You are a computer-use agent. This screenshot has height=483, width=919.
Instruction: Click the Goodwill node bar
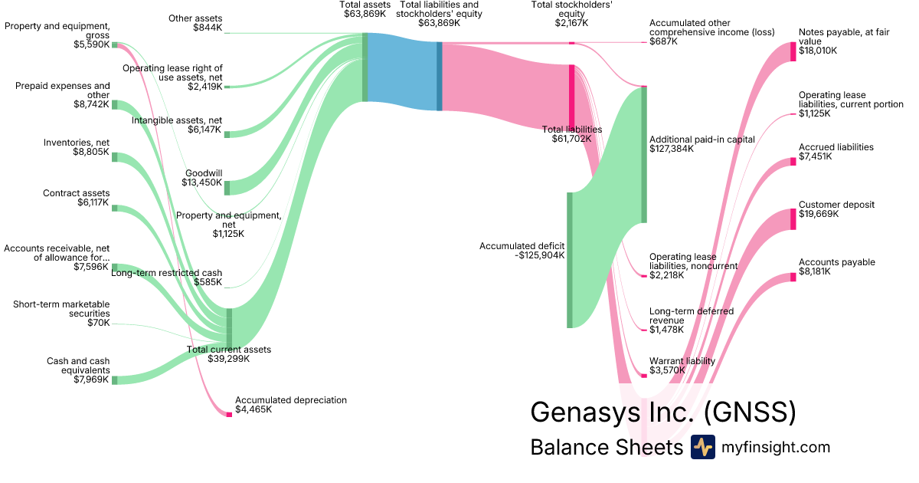pos(227,188)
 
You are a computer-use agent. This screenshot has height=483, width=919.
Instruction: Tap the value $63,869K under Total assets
pos(365,14)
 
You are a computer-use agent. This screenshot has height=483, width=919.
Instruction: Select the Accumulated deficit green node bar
pos(570,260)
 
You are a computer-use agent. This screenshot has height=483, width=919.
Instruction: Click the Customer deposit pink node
pos(793,219)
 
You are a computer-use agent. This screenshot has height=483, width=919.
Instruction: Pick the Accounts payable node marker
pos(793,277)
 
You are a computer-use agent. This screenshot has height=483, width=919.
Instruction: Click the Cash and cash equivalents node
pos(115,380)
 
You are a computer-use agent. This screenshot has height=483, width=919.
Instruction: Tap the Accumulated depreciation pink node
pos(229,414)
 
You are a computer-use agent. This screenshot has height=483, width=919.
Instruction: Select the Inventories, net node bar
pos(115,157)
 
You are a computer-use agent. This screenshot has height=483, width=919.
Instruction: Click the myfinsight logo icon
pos(702,447)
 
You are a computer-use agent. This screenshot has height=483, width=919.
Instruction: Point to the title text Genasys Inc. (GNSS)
pos(663,412)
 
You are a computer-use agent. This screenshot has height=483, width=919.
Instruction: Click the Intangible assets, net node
pos(227,134)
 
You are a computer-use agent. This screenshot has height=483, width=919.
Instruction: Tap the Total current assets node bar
pos(229,328)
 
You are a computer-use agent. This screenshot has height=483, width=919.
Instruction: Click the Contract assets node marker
pos(115,208)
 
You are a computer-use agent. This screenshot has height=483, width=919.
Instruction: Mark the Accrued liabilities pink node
pos(793,162)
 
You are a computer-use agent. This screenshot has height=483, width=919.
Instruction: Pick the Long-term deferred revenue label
pos(691,316)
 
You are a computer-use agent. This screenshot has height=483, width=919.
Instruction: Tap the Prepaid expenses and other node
pos(115,105)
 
